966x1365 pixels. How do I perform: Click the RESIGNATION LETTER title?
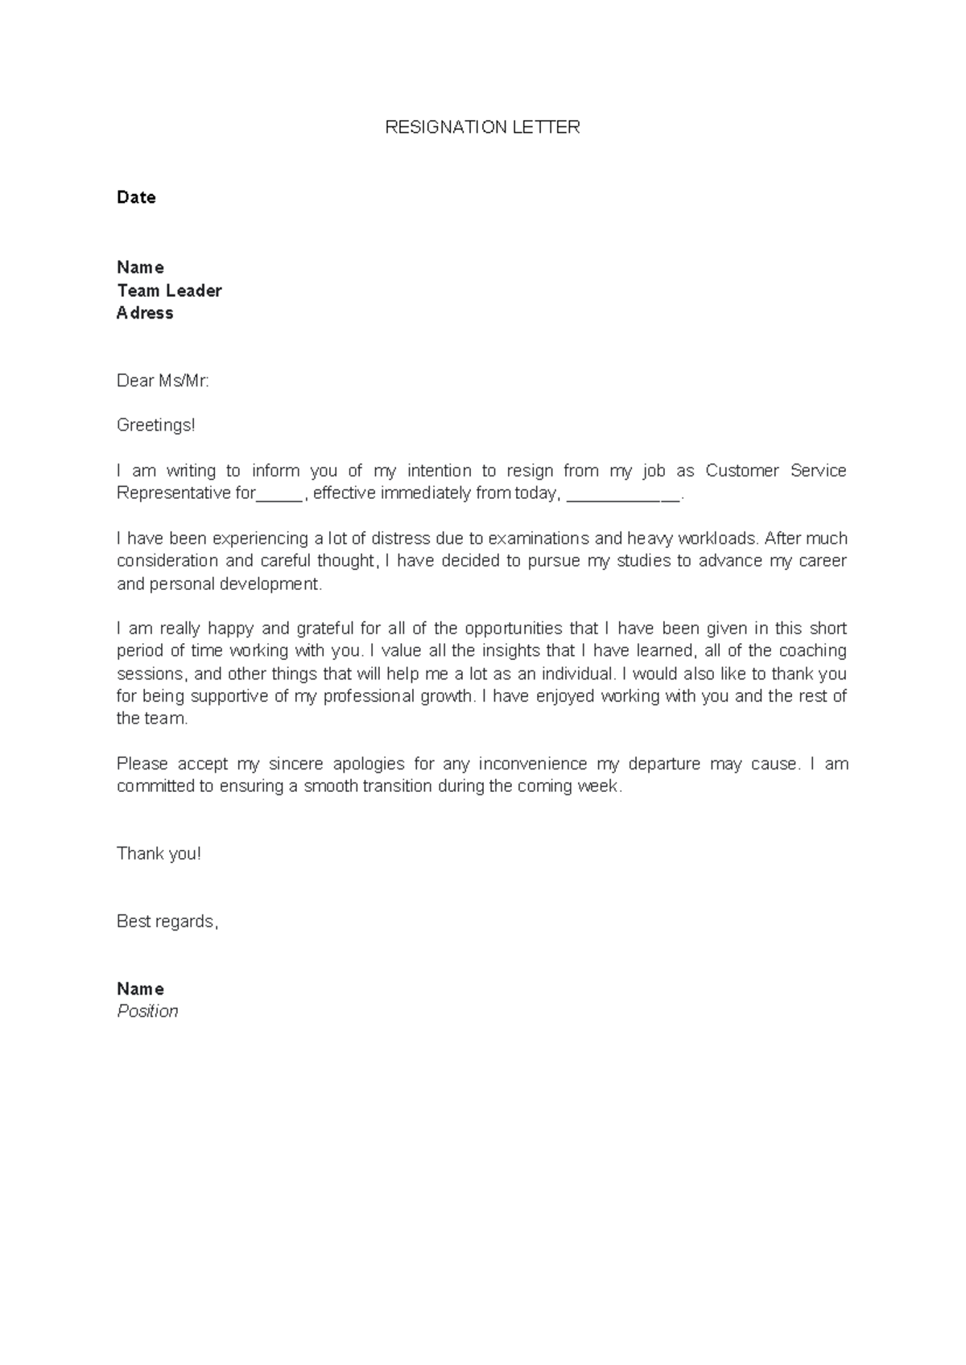coord(482,127)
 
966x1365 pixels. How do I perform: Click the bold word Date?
coord(136,197)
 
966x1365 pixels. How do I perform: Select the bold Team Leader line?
coord(169,291)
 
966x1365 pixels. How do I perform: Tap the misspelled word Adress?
coord(145,313)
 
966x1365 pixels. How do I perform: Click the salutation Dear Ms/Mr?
coord(163,381)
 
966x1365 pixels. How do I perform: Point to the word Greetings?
coord(156,425)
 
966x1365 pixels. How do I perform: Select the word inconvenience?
coord(533,764)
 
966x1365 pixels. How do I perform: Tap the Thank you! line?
coord(159,854)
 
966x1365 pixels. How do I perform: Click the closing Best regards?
coord(167,922)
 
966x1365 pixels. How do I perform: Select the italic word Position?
coord(147,1012)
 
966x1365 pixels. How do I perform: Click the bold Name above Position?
coord(140,989)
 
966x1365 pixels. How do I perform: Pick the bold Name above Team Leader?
coord(140,267)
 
